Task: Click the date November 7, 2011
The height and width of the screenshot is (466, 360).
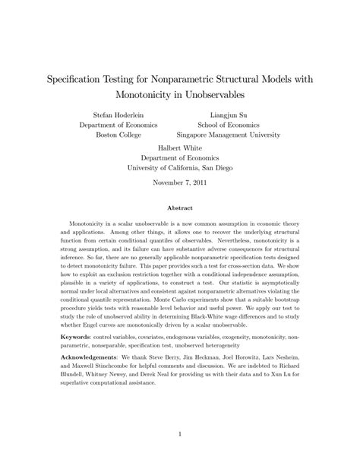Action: [x=180, y=184]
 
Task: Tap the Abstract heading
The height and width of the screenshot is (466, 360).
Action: [x=180, y=207]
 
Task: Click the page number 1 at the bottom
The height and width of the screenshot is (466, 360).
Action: [x=180, y=434]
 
